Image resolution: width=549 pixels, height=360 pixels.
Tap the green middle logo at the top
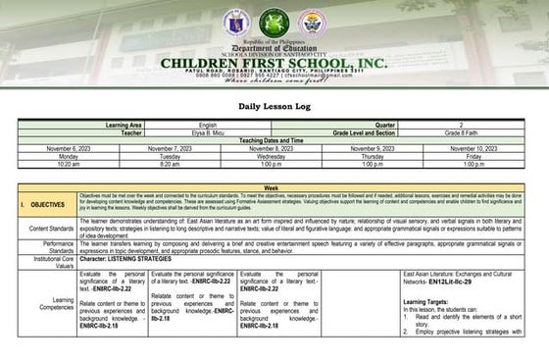click(274, 23)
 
